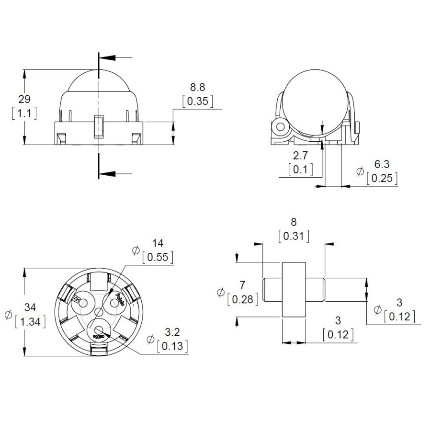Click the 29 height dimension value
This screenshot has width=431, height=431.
pyautogui.click(x=24, y=99)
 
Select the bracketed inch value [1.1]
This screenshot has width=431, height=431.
pyautogui.click(x=24, y=113)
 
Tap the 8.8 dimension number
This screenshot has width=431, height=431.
pyautogui.click(x=197, y=87)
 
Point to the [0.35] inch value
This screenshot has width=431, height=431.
pyautogui.click(x=197, y=102)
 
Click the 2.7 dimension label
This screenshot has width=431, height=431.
pyautogui.click(x=300, y=155)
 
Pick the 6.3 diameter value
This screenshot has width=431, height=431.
pyautogui.click(x=382, y=164)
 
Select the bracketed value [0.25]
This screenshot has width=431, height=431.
pyautogui.click(x=382, y=179)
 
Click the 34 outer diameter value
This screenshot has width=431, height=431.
pyautogui.click(x=30, y=307)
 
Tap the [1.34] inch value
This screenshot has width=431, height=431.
pyautogui.click(x=30, y=321)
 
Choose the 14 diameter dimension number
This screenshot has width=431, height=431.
pyautogui.click(x=158, y=243)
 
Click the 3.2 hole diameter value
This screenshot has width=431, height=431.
pyautogui.click(x=172, y=331)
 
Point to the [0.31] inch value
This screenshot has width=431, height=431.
pyautogui.click(x=294, y=236)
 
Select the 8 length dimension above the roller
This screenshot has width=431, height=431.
pyautogui.click(x=294, y=222)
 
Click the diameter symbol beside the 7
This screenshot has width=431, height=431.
pyautogui.click(x=220, y=293)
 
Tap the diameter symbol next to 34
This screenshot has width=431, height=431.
pyautogui.click(x=8, y=315)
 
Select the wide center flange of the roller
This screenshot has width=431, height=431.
pyautogui.click(x=294, y=289)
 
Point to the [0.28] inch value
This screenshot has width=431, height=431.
pyautogui.click(x=242, y=300)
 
